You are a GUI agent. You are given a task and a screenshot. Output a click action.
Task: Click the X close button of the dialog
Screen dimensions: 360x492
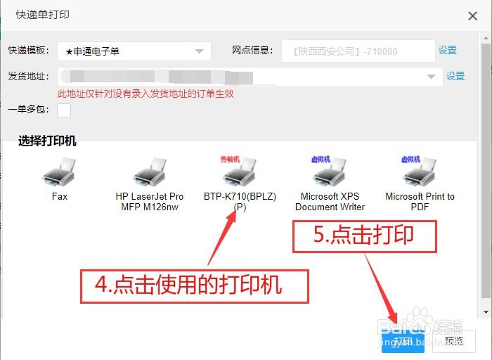472,15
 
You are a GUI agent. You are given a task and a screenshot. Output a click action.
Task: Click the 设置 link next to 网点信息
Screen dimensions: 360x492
448,51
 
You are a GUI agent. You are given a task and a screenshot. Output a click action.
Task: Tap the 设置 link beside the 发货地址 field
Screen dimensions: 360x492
455,76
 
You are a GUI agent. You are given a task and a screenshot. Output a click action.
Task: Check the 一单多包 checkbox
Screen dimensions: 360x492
64,110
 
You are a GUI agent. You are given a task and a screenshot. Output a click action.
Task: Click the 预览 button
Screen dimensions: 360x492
454,342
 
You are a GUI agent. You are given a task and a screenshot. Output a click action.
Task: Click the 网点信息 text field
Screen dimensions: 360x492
358,51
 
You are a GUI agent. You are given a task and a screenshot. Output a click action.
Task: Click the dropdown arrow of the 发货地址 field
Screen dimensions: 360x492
431,76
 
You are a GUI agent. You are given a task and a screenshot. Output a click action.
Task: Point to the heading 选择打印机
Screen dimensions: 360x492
47,141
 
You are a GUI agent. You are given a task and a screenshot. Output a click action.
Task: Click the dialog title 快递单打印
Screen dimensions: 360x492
42,15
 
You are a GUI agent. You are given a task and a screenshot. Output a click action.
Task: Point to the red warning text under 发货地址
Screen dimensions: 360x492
145,94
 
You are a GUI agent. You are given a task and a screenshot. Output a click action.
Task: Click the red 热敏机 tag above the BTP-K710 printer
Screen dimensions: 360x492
230,160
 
